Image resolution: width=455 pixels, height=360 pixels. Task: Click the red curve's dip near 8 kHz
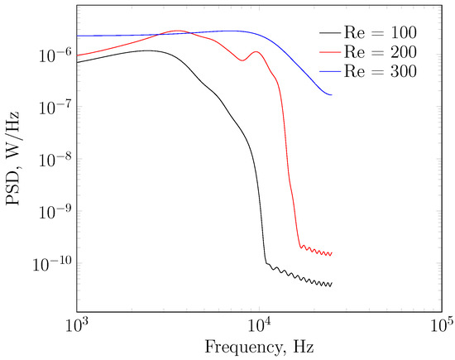tap(241, 60)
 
